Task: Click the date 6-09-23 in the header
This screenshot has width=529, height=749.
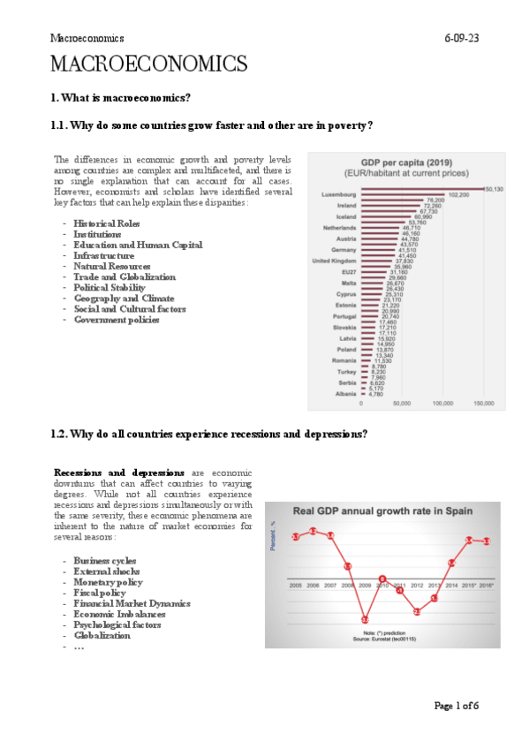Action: [462, 39]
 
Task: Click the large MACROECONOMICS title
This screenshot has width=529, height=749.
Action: [148, 64]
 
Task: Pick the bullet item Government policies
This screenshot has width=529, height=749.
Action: [117, 319]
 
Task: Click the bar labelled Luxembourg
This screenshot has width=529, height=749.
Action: [422, 189]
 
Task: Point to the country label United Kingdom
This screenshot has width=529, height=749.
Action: [334, 261]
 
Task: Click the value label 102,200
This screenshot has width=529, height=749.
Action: [458, 195]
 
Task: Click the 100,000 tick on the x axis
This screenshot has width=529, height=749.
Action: [442, 404]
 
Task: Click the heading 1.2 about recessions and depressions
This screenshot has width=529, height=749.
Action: [209, 434]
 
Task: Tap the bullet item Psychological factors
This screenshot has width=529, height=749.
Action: [117, 624]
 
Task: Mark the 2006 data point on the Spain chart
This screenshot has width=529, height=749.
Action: [313, 531]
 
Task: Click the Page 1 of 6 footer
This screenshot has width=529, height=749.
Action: [456, 706]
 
